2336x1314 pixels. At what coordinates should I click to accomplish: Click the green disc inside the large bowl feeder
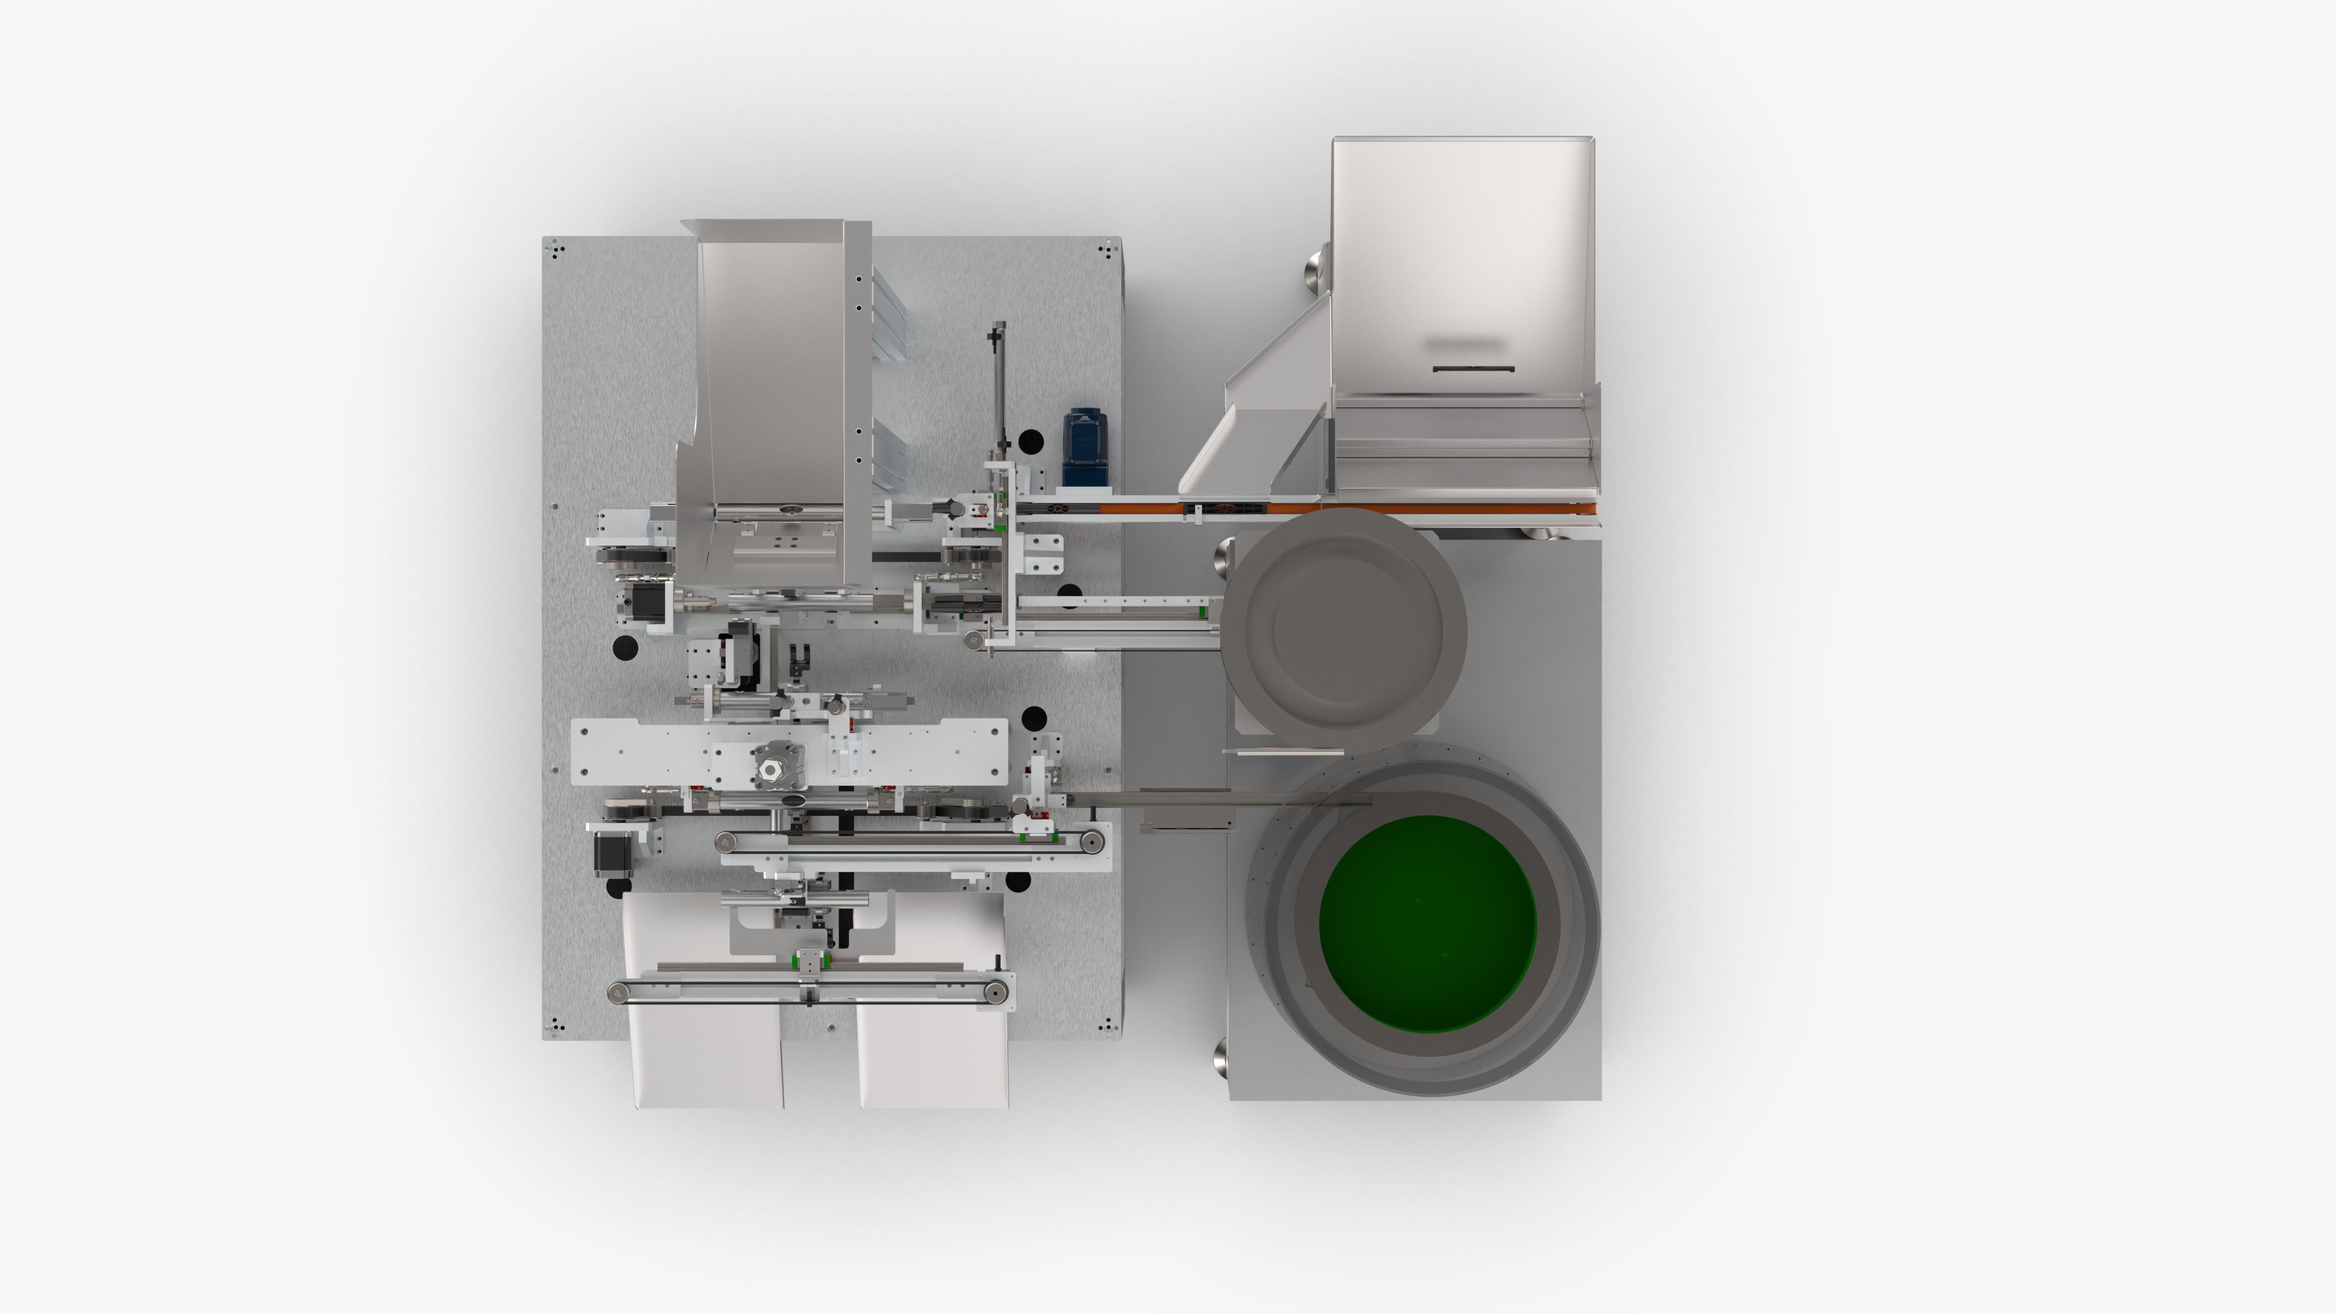(1427, 923)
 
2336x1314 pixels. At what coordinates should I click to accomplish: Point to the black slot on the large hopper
(1473, 369)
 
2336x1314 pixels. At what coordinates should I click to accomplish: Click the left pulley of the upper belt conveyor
(726, 843)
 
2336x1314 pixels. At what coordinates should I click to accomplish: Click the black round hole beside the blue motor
(1031, 442)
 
